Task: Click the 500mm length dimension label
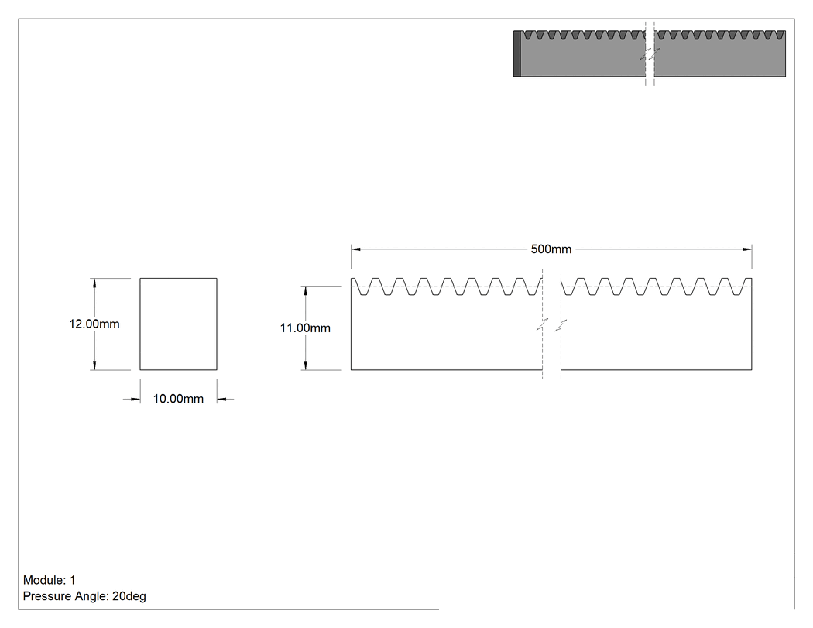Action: [551, 249]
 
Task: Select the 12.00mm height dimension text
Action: [94, 324]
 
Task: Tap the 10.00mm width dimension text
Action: [178, 399]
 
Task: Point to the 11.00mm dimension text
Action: [305, 328]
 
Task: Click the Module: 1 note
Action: [50, 580]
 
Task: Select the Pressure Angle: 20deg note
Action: [84, 595]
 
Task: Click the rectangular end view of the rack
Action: [178, 324]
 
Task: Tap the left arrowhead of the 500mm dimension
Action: [355, 249]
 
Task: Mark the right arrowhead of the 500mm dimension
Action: [747, 249]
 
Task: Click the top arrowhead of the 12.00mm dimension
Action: [94, 283]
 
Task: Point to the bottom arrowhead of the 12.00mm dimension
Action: [94, 365]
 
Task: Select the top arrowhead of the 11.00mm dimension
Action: [305, 291]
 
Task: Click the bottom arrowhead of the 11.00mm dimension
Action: [305, 365]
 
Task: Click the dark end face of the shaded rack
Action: [517, 53]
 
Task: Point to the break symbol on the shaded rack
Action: [650, 53]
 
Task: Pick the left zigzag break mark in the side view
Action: [542, 325]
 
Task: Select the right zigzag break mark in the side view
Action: [561, 325]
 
